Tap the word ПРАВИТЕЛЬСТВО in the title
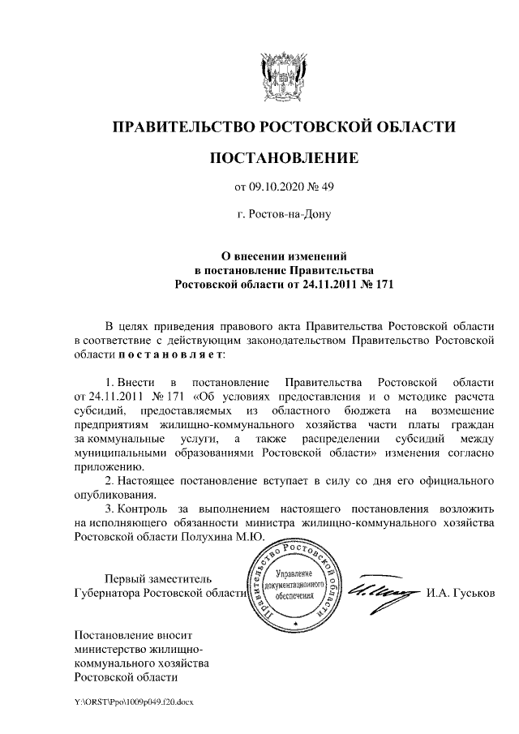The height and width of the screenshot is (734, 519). coord(182,127)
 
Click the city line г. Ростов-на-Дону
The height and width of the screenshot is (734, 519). coord(283,216)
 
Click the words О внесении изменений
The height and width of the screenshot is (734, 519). coord(284,255)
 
